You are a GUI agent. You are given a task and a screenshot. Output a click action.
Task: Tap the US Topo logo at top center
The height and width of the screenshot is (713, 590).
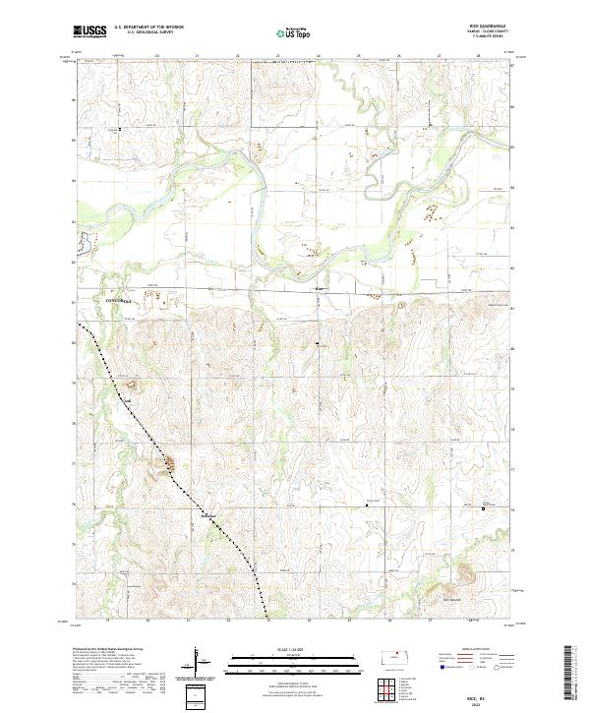(293, 33)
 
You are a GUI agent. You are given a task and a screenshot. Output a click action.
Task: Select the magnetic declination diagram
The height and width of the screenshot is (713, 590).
(199, 663)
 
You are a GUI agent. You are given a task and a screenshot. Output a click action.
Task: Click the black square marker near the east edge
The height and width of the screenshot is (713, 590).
(483, 508)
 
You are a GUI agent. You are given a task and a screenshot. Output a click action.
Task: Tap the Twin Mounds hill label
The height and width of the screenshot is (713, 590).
(450, 599)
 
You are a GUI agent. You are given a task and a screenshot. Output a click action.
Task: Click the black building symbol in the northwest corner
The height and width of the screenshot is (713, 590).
(121, 129)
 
